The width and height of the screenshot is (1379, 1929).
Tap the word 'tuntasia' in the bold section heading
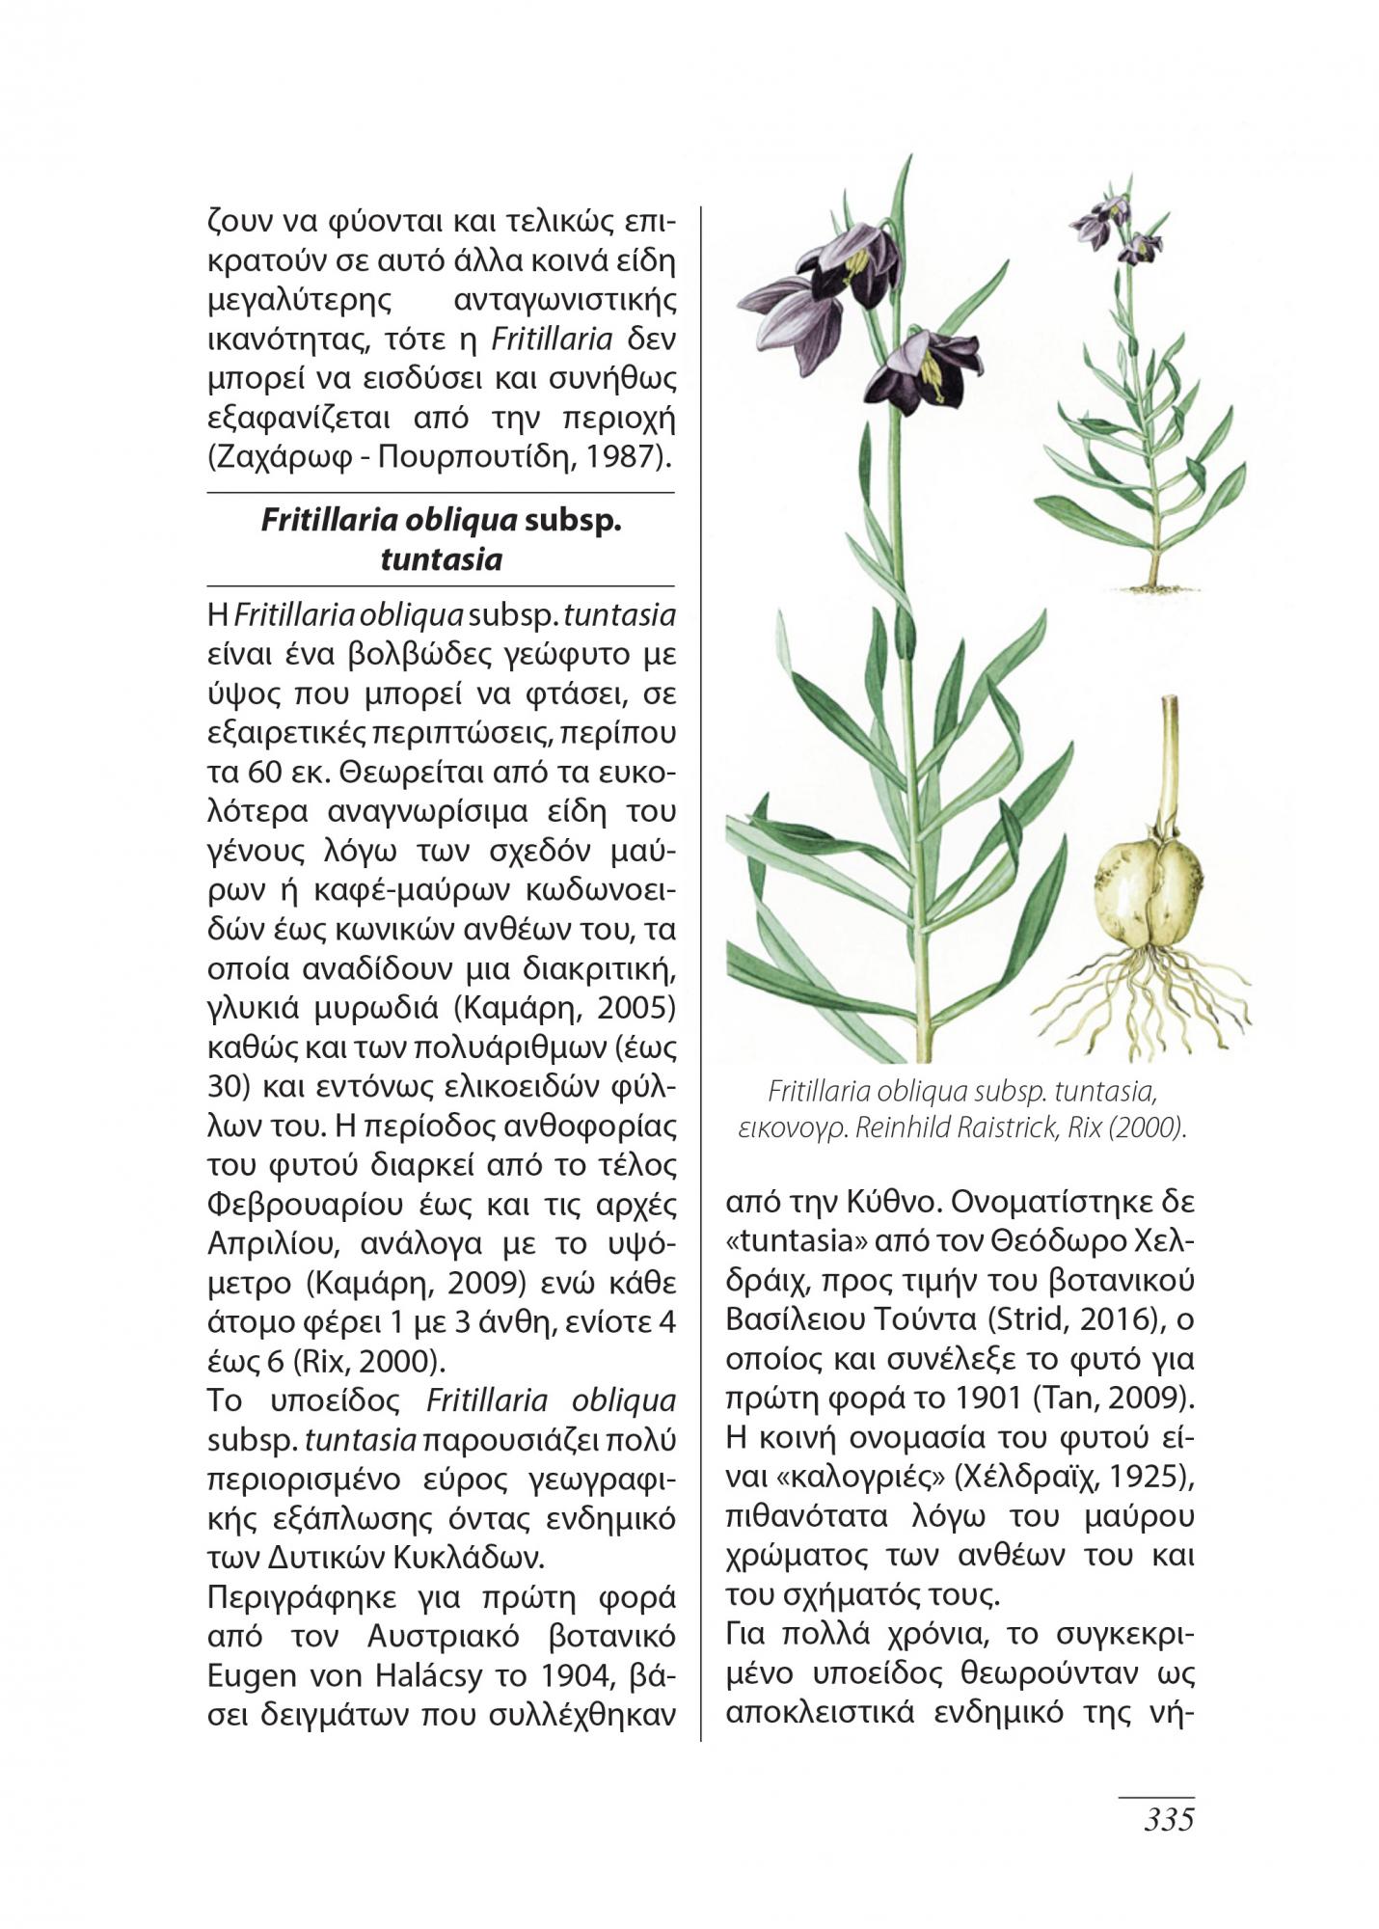[x=441, y=559]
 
